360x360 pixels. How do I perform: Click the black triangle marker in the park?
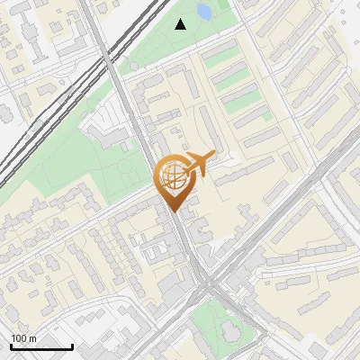(x=181, y=24)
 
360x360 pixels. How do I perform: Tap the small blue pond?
(x=203, y=12)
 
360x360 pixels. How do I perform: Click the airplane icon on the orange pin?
(x=198, y=165)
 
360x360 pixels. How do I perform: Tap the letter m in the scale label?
(x=33, y=338)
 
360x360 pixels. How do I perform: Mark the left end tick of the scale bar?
(x=11, y=346)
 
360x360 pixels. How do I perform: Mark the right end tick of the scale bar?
(x=72, y=346)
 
